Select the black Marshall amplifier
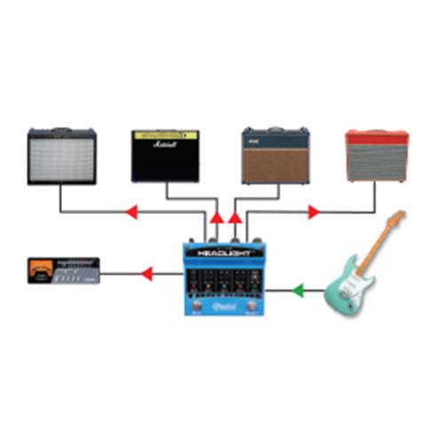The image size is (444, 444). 165,157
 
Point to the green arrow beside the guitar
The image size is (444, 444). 299,289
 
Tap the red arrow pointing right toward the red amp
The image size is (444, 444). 313,212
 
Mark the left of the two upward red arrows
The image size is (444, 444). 218,217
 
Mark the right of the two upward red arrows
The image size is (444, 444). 235,217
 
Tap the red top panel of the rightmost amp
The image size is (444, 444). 377,137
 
